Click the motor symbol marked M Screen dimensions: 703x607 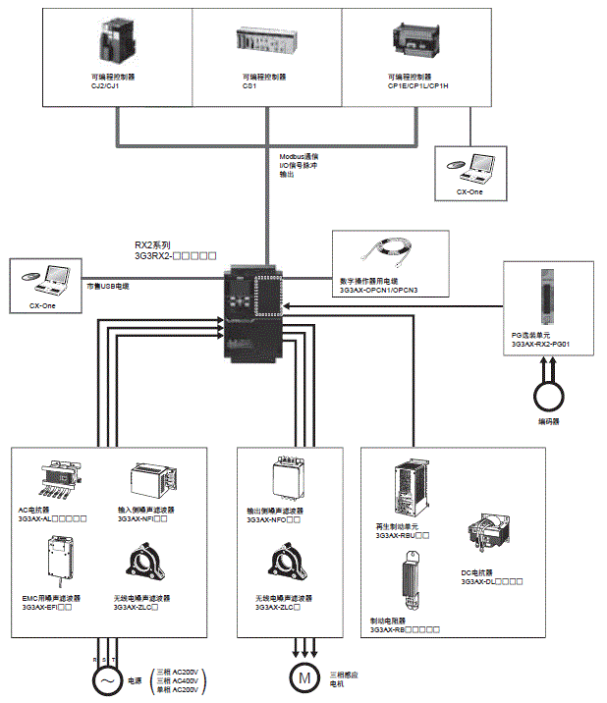[304, 676]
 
